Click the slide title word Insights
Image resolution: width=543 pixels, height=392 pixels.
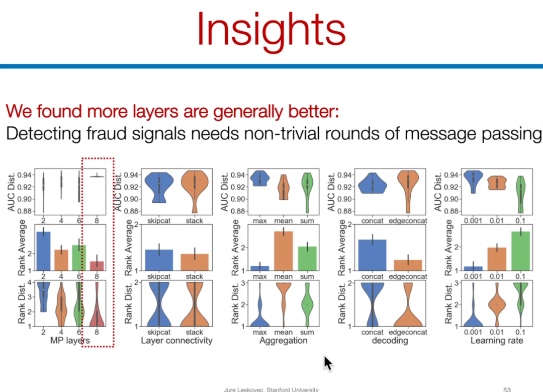click(271, 30)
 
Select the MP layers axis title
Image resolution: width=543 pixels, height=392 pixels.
click(70, 341)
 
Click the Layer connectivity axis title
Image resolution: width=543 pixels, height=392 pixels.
click(176, 341)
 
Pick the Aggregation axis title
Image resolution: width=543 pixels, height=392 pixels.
click(283, 341)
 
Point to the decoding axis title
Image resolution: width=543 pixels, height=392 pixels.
click(390, 341)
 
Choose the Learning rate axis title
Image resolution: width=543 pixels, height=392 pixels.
click(497, 341)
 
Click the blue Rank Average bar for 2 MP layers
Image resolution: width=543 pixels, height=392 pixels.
click(43, 251)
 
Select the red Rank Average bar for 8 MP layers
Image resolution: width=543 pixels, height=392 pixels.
click(97, 266)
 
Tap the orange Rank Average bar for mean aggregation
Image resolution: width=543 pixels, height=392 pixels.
click(283, 251)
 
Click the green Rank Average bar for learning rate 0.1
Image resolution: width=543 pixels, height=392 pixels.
click(520, 251)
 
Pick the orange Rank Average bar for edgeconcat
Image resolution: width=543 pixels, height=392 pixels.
click(408, 265)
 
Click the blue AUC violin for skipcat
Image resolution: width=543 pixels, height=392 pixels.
click(159, 187)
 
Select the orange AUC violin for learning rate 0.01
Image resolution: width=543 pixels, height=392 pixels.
click(497, 183)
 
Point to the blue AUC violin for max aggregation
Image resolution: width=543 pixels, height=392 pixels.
click(260, 178)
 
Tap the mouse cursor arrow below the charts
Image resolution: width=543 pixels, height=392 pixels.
click(328, 363)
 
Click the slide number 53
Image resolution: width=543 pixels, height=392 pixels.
click(507, 389)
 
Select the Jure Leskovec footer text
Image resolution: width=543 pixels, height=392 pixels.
click(271, 389)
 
